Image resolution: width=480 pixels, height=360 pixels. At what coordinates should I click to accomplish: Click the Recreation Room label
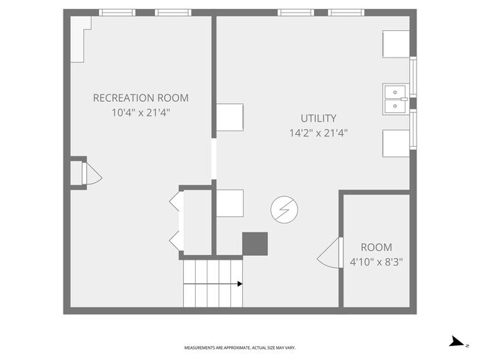(140, 98)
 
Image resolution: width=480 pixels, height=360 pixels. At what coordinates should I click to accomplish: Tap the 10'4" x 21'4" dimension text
(140, 113)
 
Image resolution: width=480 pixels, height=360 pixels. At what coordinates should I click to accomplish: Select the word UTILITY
(318, 118)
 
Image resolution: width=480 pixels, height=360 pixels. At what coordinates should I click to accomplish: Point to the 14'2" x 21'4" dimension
(318, 133)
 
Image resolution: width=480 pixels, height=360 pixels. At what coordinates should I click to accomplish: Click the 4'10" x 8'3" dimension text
(376, 262)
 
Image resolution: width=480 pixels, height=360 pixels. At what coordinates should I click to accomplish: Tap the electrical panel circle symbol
(284, 210)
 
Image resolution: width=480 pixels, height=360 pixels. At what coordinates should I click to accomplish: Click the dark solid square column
(255, 243)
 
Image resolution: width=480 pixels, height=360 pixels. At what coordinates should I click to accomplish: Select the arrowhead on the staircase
(240, 284)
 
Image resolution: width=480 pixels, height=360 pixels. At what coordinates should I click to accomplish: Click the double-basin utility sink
(396, 99)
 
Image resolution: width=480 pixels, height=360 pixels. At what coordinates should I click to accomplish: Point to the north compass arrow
(457, 342)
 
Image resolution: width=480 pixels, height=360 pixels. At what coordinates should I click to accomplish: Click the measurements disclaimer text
(240, 347)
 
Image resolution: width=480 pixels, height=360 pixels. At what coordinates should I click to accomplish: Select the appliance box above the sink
(396, 44)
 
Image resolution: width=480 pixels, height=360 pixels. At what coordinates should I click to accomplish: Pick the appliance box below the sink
(396, 143)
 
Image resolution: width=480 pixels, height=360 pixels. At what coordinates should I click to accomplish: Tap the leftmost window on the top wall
(117, 13)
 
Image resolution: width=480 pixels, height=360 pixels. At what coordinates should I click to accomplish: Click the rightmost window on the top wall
(346, 13)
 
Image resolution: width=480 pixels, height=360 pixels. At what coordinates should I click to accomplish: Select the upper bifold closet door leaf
(176, 201)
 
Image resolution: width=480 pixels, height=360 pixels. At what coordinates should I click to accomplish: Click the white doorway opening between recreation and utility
(214, 159)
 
